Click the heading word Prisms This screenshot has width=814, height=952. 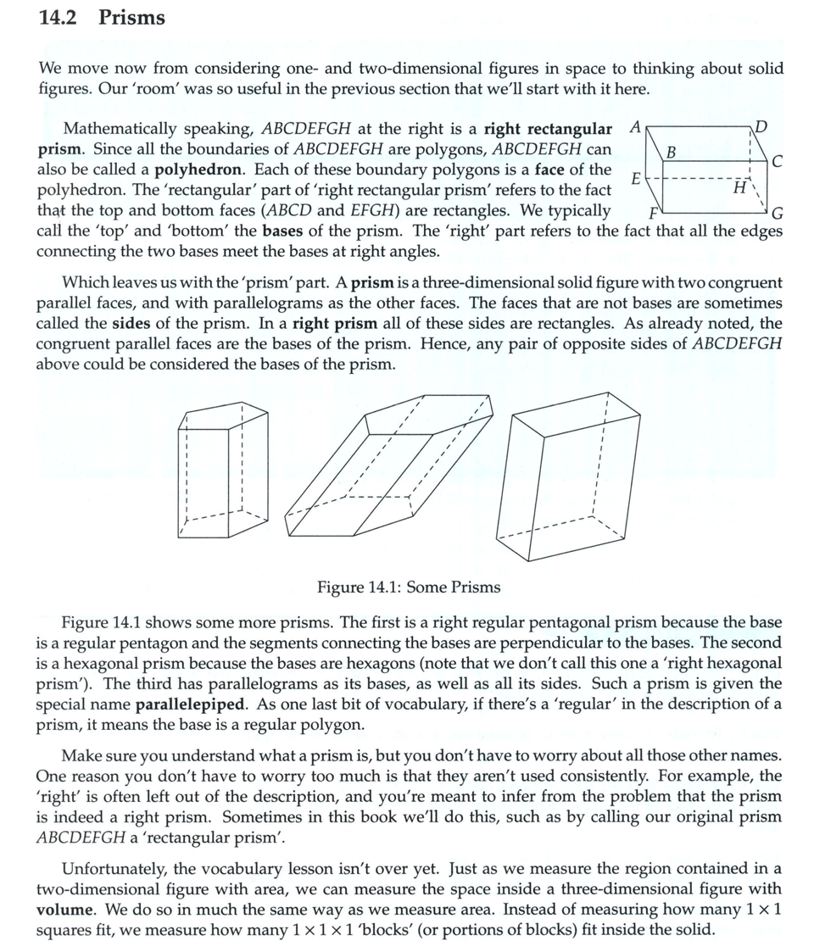point(132,18)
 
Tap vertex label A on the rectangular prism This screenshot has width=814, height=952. point(635,127)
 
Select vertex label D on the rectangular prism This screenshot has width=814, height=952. point(761,128)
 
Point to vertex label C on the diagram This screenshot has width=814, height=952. point(778,161)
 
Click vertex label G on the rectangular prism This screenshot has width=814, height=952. point(778,213)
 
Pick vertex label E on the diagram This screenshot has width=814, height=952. point(636,178)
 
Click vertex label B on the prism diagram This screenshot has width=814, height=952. point(672,153)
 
